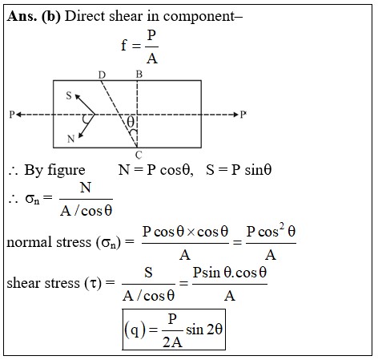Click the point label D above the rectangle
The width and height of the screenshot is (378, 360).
click(x=102, y=75)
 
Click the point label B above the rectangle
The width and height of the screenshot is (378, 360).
click(x=139, y=74)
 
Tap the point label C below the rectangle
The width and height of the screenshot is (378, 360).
click(x=139, y=155)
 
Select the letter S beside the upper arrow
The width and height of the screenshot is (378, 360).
click(x=69, y=95)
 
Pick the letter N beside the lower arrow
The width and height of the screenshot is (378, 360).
click(x=70, y=139)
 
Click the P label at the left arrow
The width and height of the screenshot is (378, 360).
click(x=12, y=115)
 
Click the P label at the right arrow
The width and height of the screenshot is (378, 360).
click(x=243, y=115)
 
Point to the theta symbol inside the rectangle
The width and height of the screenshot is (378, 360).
click(x=131, y=122)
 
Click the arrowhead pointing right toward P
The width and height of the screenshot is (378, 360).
click(x=235, y=115)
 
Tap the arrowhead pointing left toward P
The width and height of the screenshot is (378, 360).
click(x=18, y=115)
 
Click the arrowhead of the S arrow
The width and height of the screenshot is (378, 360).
click(x=77, y=96)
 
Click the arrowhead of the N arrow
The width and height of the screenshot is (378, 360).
click(x=80, y=136)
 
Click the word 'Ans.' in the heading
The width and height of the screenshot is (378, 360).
click(x=22, y=16)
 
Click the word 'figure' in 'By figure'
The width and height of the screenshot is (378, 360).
click(x=66, y=171)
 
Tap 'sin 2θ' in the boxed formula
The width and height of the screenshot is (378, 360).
click(x=204, y=329)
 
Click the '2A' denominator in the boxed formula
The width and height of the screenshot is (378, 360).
click(x=172, y=342)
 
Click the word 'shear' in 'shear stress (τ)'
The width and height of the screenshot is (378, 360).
click(x=24, y=283)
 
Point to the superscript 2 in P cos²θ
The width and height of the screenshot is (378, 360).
click(x=281, y=226)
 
